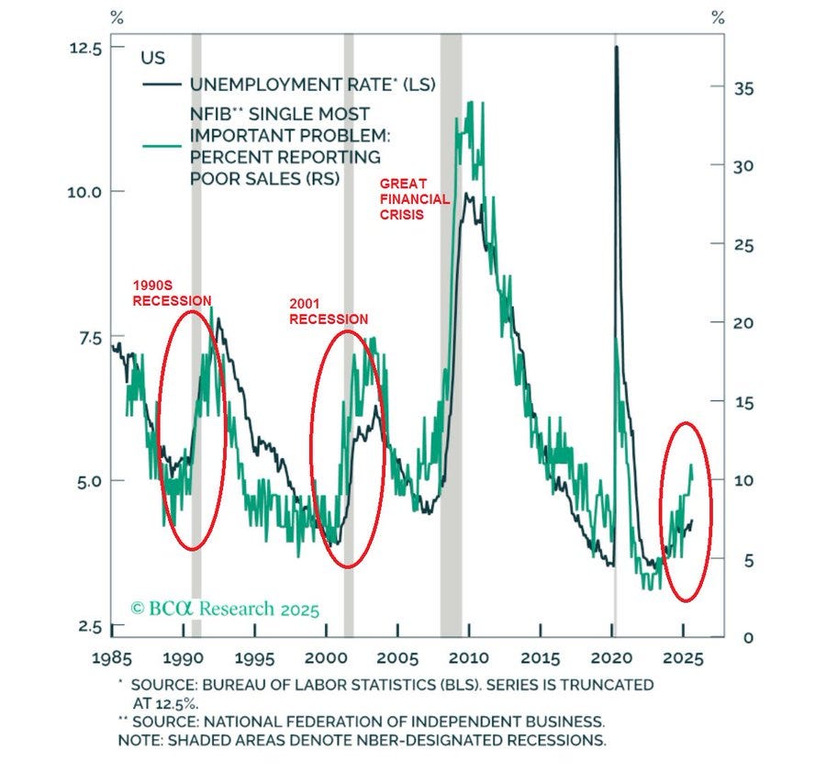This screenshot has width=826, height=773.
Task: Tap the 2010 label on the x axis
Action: click(x=468, y=658)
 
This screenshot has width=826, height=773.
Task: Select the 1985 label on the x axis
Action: click(x=112, y=658)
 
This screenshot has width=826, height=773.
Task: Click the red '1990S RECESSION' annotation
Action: click(x=172, y=294)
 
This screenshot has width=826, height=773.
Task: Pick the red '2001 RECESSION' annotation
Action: click(x=329, y=312)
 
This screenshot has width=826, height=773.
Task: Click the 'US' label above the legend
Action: click(x=152, y=58)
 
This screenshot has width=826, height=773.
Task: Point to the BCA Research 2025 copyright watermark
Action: click(x=225, y=608)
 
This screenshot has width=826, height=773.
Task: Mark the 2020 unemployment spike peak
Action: click(x=616, y=47)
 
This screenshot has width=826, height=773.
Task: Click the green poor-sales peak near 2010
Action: click(x=470, y=104)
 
